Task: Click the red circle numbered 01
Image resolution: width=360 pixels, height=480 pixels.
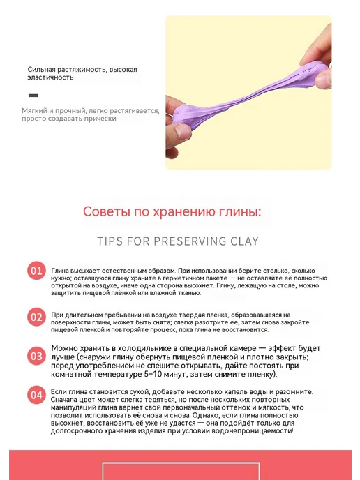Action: pos(36,271)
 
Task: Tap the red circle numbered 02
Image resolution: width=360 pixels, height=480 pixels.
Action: pos(36,317)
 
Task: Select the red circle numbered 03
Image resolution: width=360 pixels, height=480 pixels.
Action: pos(36,356)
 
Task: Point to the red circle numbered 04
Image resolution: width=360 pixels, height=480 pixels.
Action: pos(36,395)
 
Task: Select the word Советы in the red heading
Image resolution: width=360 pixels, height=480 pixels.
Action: pos(107,211)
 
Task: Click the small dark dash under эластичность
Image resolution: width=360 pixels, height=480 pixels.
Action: pos(33,96)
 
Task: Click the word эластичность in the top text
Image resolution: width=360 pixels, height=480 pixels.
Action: pos(50,77)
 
